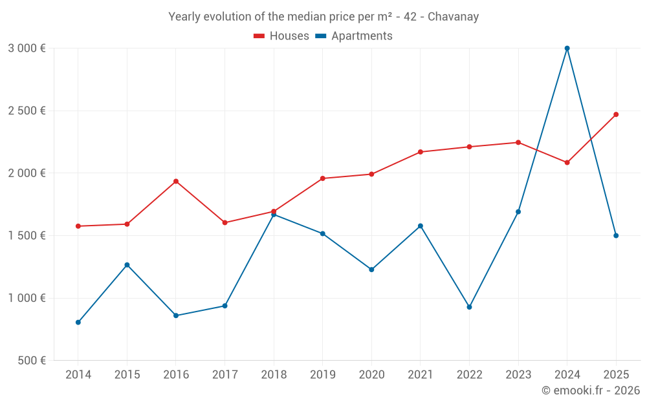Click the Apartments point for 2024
[567, 48]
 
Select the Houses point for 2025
[616, 114]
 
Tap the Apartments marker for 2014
[78, 322]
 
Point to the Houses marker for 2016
[176, 181]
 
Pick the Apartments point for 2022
[469, 307]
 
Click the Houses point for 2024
[567, 162]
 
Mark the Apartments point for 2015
[127, 265]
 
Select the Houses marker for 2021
[421, 152]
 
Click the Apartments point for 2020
[371, 270]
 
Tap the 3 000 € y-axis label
[27, 48]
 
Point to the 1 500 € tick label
[27, 236]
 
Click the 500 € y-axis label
[31, 361]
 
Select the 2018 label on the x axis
[274, 375]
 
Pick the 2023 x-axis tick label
[518, 375]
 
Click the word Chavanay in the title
[454, 17]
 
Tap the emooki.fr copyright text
[591, 390]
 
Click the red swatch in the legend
[259, 36]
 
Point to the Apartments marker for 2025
[616, 235]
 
